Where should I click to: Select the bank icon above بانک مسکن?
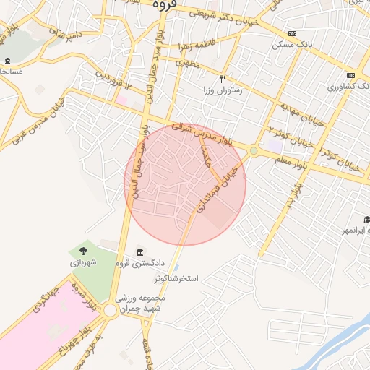click(x=291, y=34)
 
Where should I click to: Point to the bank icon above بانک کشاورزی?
click(x=350, y=75)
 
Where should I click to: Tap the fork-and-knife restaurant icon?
click(x=223, y=79)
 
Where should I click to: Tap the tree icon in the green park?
click(x=85, y=251)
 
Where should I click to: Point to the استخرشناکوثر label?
click(x=181, y=278)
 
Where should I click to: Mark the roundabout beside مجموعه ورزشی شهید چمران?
click(x=111, y=310)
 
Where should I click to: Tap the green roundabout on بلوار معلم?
click(x=254, y=150)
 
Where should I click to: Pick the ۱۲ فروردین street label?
click(x=115, y=80)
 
